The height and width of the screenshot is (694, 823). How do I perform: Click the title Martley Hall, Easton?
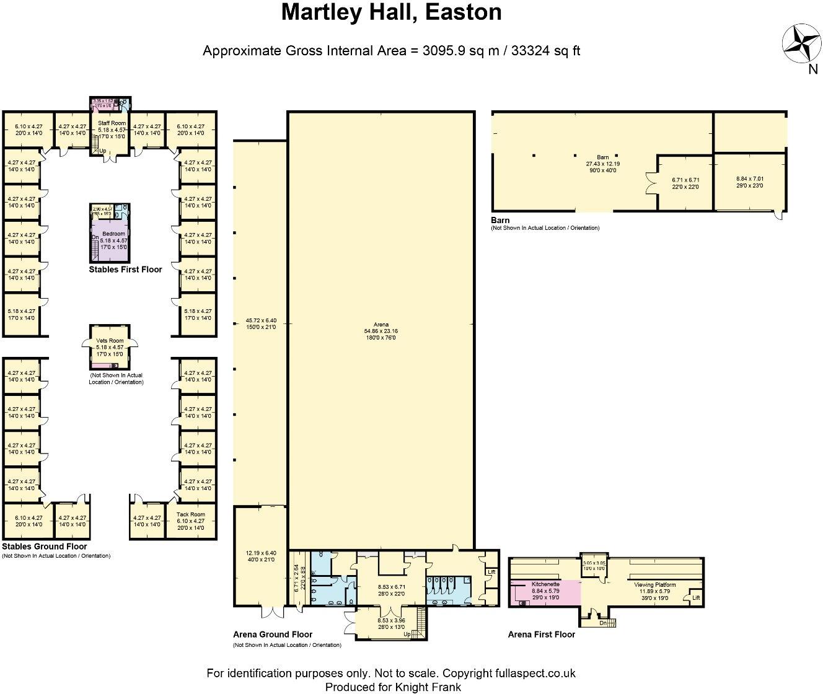(x=391, y=12)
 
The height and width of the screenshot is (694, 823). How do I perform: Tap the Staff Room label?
(x=112, y=123)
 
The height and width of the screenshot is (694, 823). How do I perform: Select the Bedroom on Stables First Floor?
(x=113, y=234)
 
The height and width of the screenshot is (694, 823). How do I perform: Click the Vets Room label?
(x=110, y=341)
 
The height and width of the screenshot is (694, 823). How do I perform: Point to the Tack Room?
(x=190, y=514)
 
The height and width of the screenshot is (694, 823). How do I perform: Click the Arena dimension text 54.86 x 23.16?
(x=381, y=332)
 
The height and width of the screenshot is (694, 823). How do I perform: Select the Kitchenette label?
(x=545, y=584)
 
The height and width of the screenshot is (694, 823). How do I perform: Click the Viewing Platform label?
(x=654, y=584)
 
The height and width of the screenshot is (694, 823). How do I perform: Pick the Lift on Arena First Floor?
(x=695, y=598)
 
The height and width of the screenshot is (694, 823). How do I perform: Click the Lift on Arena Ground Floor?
(x=491, y=572)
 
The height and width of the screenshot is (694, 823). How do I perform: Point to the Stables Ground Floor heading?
(x=45, y=547)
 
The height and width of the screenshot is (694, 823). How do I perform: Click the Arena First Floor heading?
(x=541, y=634)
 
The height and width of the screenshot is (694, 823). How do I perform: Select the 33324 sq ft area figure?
(x=545, y=51)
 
